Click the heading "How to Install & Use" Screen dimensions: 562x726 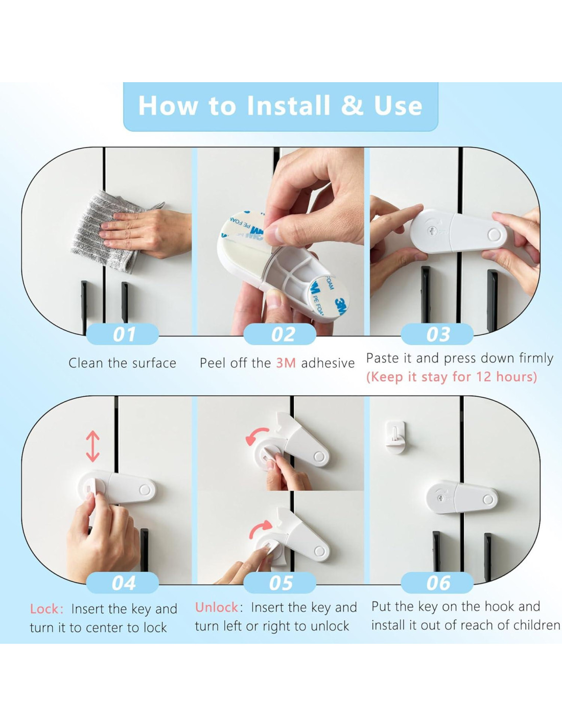(x=280, y=106)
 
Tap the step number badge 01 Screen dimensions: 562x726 (x=123, y=334)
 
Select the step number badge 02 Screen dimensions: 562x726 (x=279, y=334)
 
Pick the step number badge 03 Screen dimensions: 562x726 (x=437, y=334)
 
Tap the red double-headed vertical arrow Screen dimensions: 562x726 (x=92, y=446)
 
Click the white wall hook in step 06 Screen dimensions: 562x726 (x=395, y=437)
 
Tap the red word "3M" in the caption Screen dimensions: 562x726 (x=286, y=363)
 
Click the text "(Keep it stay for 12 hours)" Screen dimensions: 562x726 (x=452, y=377)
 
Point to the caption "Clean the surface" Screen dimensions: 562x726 (x=123, y=363)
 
